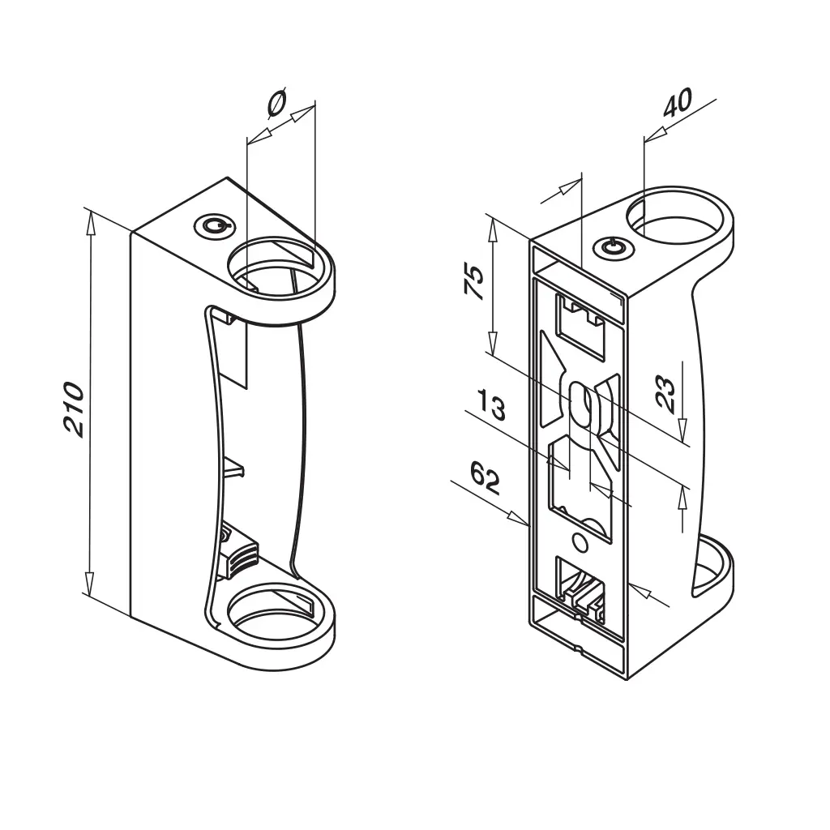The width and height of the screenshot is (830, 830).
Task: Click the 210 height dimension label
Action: point(74,409)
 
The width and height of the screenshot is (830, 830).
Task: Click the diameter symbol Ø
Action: point(277,102)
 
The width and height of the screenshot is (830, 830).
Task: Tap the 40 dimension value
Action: point(678,103)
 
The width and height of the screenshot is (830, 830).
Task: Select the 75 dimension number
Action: point(474,282)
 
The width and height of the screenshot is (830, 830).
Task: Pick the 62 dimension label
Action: point(485,477)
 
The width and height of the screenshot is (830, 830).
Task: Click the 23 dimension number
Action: point(665,395)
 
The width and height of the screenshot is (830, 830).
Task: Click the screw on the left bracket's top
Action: point(213,226)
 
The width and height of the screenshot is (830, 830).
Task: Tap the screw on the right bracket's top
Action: point(611,246)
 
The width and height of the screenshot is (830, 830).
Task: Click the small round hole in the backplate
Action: point(580,542)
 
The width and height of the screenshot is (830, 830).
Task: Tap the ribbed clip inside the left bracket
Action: point(241,557)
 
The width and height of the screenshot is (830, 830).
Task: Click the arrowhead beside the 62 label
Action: point(518,519)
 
